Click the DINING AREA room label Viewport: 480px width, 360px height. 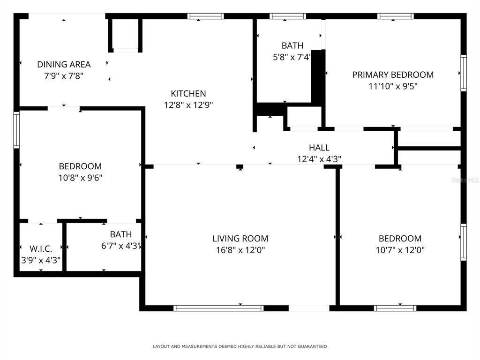[64, 65]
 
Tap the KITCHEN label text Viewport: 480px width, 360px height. [188, 94]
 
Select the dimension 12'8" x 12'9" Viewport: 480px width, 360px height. [188, 105]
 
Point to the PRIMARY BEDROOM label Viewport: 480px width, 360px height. [393, 75]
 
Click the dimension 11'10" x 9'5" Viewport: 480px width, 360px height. [393, 86]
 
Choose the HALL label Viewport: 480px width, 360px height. [319, 148]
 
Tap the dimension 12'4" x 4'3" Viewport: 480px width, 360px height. [319, 159]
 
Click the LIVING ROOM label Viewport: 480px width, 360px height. [240, 239]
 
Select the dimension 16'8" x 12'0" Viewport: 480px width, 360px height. [240, 250]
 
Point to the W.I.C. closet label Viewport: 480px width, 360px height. [41, 248]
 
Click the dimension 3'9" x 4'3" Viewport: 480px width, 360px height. [41, 260]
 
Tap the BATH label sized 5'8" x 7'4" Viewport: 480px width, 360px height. [292, 45]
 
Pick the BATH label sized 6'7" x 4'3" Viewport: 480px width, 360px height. [121, 234]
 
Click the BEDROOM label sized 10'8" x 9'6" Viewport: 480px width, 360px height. [80, 166]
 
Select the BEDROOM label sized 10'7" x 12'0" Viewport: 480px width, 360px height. [400, 239]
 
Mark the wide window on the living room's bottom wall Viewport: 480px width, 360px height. [218, 308]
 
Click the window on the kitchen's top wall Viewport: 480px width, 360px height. [205, 16]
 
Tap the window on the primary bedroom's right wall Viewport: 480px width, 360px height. [463, 73]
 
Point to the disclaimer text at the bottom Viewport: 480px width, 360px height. [240, 346]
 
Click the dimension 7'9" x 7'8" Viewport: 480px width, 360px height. [64, 75]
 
